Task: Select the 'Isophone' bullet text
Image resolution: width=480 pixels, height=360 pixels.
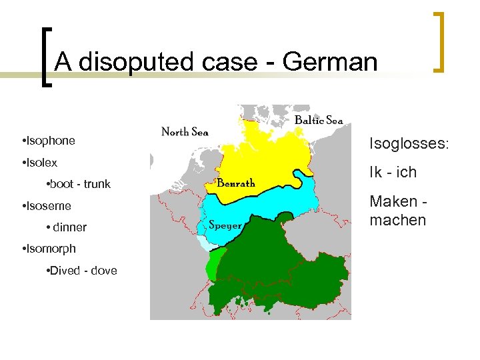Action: (50, 141)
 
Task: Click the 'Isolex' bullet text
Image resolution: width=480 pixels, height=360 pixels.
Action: (41, 162)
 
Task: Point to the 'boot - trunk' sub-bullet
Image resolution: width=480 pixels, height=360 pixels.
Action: (77, 184)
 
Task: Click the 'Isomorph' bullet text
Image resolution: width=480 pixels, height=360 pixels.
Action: (51, 249)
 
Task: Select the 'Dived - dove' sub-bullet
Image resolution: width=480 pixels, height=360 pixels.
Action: (81, 270)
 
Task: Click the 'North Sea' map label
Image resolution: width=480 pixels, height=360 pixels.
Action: (185, 132)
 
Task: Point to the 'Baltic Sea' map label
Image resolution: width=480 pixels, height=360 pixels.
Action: (319, 120)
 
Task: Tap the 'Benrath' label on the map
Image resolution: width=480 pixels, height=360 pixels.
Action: (236, 182)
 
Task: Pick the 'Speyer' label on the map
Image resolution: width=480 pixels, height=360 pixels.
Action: (225, 225)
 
